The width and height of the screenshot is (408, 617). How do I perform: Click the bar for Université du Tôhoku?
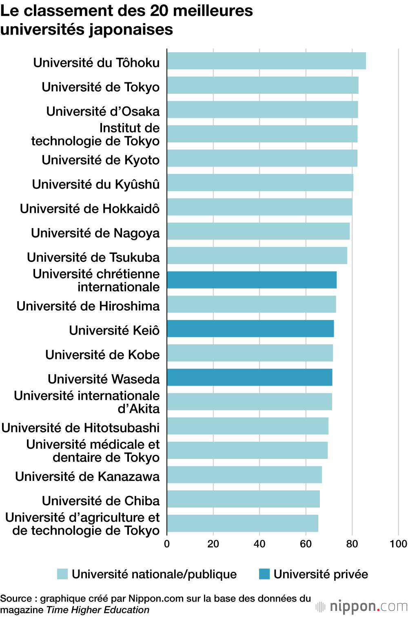tap(266, 61)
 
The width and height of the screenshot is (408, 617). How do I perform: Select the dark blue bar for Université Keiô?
tap(250, 328)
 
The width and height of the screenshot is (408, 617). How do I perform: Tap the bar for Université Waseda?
tap(249, 377)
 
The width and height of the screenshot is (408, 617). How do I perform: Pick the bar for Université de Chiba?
tap(243, 499)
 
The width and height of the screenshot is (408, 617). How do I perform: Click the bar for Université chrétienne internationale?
tap(251, 280)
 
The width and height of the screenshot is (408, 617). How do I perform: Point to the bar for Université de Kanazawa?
tap(244, 475)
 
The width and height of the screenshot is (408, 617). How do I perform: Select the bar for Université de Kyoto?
tap(262, 158)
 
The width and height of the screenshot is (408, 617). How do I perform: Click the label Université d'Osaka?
tap(103, 111)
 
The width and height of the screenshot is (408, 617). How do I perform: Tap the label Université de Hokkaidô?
tap(90, 209)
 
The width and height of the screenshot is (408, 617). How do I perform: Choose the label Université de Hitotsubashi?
tap(80, 427)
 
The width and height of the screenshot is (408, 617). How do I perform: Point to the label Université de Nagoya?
tap(95, 233)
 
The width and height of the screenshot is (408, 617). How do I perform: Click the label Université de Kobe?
tap(102, 355)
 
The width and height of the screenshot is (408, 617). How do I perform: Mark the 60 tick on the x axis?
tap(306, 544)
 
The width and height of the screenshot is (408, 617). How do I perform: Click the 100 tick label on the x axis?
tap(398, 544)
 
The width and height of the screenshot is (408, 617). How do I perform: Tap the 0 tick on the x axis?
tap(167, 544)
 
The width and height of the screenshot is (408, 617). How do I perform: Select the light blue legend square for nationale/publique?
tap(62, 574)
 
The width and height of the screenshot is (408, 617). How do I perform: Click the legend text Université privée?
tap(321, 574)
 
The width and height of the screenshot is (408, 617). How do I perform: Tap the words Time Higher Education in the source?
tap(98, 610)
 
